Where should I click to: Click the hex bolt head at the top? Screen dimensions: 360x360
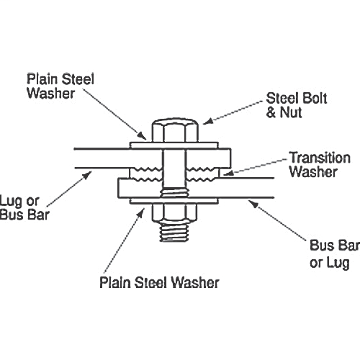tap(175, 130)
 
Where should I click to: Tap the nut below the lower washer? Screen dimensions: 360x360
tap(174, 212)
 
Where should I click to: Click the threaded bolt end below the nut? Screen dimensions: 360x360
tap(174, 233)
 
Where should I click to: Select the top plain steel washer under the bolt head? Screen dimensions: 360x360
tap(174, 145)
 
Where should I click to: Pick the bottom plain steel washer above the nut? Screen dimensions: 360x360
tap(174, 201)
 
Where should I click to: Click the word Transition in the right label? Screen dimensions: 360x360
tap(320, 158)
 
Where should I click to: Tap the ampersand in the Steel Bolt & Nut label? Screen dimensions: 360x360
tap(271, 112)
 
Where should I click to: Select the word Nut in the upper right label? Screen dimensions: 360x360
tap(291, 112)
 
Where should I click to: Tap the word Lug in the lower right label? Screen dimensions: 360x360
tap(338, 263)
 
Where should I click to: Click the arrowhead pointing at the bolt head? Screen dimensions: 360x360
tap(207, 121)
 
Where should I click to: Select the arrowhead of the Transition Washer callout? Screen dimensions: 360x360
tap(228, 173)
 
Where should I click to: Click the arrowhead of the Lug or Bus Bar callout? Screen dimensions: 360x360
tap(87, 175)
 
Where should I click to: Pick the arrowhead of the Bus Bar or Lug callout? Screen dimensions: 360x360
tap(253, 204)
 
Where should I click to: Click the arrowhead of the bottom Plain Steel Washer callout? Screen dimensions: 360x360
tap(141, 213)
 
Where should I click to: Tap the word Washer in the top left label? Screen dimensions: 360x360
tap(51, 94)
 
